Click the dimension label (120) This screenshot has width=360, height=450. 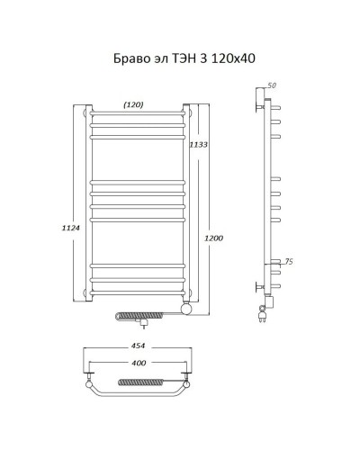pyautogui.click(x=133, y=104)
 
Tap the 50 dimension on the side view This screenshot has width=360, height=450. pyautogui.click(x=273, y=85)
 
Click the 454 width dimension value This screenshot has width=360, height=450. pyautogui.click(x=139, y=346)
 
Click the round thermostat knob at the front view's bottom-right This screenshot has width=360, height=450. pyautogui.click(x=186, y=310)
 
